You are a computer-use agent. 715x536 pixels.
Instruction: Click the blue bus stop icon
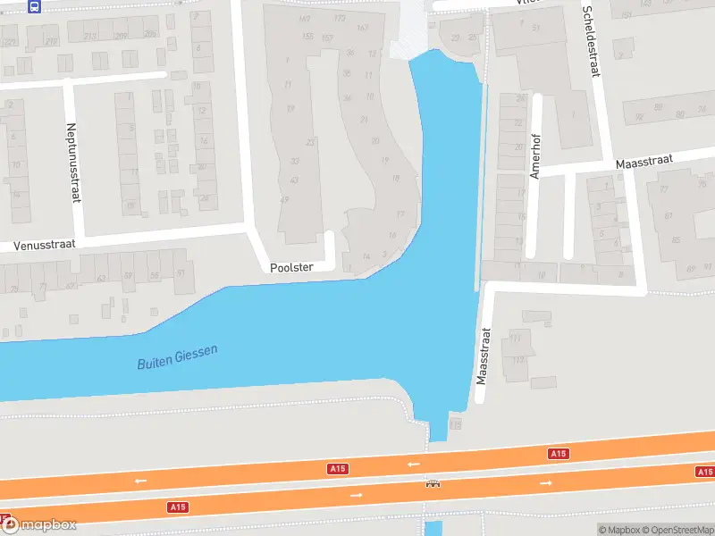pos(35,6)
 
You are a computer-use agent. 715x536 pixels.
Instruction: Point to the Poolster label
pos(290,267)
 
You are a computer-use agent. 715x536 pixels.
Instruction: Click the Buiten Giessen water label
pos(177,357)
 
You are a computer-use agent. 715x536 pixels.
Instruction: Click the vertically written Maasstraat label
pos(484,356)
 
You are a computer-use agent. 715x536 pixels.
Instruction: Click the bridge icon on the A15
pos(433,483)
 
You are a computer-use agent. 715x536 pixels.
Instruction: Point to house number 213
pos(90,36)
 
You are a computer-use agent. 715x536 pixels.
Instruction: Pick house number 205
pos(149,34)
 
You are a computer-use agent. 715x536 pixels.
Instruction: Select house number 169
pos(306,18)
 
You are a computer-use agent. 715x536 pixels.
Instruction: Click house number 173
pos(340,18)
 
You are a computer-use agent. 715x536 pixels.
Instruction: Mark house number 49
pos(284,199)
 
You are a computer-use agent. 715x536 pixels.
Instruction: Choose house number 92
pos(637,116)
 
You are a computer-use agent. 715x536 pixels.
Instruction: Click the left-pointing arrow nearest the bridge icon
pos(413,465)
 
